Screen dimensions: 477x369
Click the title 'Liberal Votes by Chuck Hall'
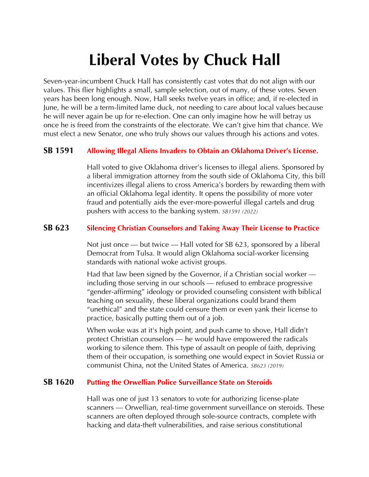[x=184, y=60]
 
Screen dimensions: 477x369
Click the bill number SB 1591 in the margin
[x=58, y=150]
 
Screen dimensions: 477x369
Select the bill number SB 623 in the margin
[x=56, y=228]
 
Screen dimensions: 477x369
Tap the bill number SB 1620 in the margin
[x=58, y=382]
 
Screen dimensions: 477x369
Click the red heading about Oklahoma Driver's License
[x=202, y=150]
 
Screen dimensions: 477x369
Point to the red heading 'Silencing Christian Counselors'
[x=203, y=228]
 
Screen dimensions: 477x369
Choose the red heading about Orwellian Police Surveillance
[x=179, y=383]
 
